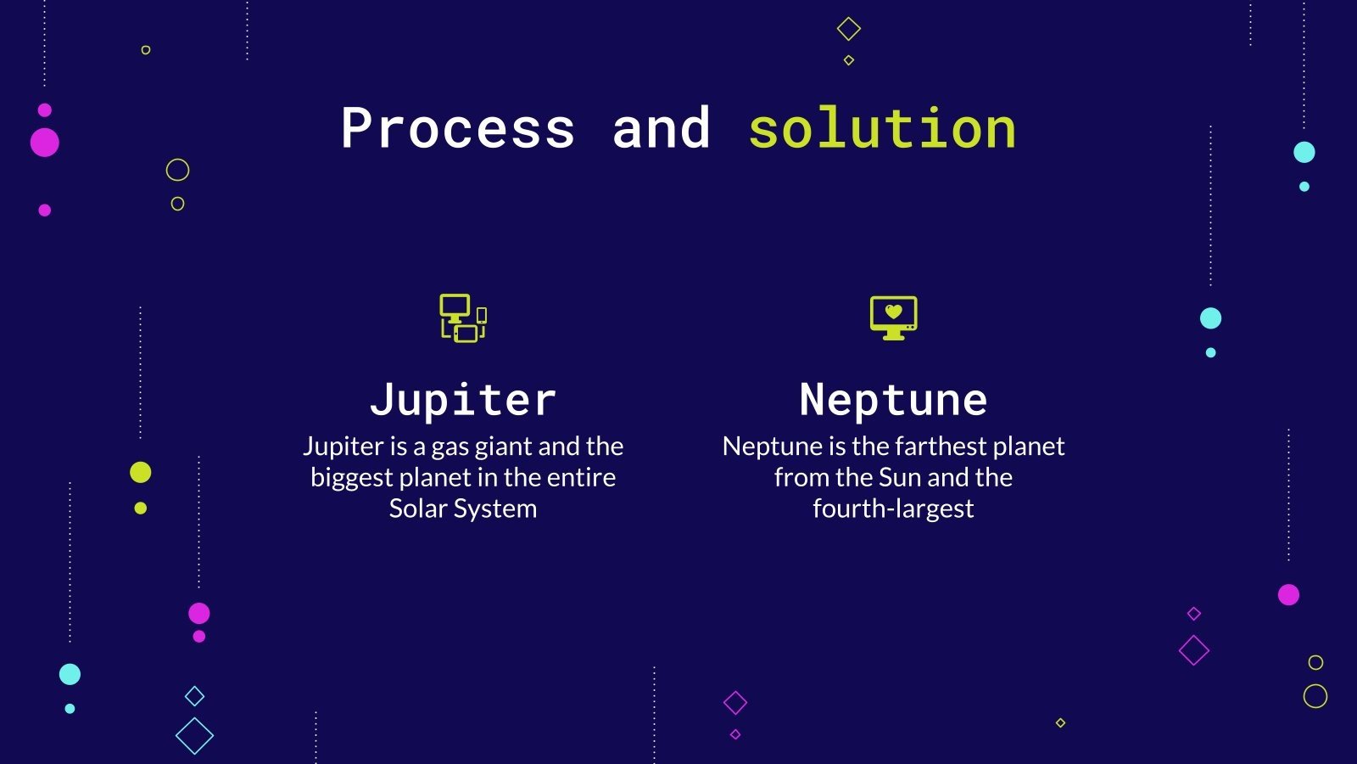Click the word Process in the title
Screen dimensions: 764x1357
[x=458, y=129]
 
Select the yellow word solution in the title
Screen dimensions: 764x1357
[x=882, y=129]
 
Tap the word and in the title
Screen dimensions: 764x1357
[x=662, y=129]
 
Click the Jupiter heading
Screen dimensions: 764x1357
[x=463, y=400]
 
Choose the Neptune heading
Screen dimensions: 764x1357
[x=893, y=400]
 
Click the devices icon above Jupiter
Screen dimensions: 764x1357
[x=463, y=318]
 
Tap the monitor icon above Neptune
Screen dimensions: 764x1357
[x=893, y=317]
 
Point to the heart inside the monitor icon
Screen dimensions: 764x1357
[x=893, y=312]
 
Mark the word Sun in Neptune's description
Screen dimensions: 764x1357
[x=900, y=478]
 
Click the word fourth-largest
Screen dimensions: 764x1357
[x=893, y=508]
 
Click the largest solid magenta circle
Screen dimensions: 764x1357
[x=45, y=143]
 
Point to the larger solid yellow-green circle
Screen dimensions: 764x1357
[x=141, y=472]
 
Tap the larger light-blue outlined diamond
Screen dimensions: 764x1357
[x=194, y=736]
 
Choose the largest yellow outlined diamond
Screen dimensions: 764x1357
[x=849, y=29]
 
